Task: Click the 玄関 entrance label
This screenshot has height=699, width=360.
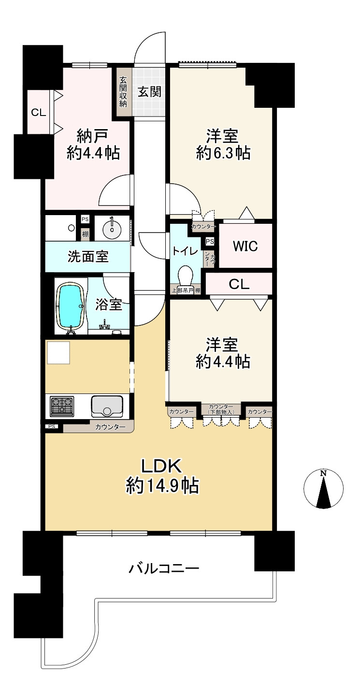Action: tap(150, 92)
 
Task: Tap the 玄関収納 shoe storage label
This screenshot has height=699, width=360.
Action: tap(123, 92)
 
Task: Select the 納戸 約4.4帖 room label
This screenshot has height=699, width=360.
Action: tap(93, 145)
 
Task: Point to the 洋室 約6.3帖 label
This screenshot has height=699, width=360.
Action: tap(223, 145)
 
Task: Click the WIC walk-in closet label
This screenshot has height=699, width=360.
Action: tap(245, 246)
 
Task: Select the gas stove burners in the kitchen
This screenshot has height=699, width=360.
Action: tap(62, 406)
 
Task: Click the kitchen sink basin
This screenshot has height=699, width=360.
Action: tap(107, 407)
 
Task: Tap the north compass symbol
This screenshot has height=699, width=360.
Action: tap(323, 489)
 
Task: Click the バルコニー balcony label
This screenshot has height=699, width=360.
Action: tap(164, 568)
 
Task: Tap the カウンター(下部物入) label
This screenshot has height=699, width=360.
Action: tap(221, 409)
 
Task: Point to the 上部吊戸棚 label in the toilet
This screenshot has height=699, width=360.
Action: tap(186, 290)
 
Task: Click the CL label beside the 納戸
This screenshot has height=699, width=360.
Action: tap(38, 112)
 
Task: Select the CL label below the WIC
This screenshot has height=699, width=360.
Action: tap(239, 284)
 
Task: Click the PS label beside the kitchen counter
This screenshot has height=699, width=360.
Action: tap(52, 426)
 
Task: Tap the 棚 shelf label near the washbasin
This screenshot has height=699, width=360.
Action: tap(85, 234)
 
